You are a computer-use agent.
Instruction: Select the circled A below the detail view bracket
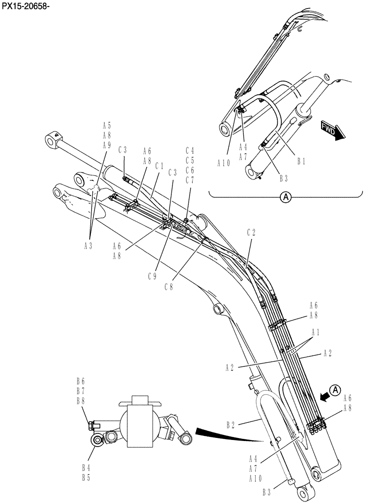[x=286, y=198]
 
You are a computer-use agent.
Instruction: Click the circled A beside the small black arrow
[x=337, y=389]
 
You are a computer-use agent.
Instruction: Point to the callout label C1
[x=160, y=165]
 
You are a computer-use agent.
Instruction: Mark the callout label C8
[x=169, y=286]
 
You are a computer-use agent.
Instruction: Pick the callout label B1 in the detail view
[x=301, y=161]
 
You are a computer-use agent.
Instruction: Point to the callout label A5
[x=106, y=125]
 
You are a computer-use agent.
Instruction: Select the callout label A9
[x=106, y=145]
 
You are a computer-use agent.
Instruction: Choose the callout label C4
[x=190, y=150]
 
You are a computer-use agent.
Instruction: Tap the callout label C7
[x=190, y=180]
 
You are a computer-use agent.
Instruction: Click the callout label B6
[x=80, y=381]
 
